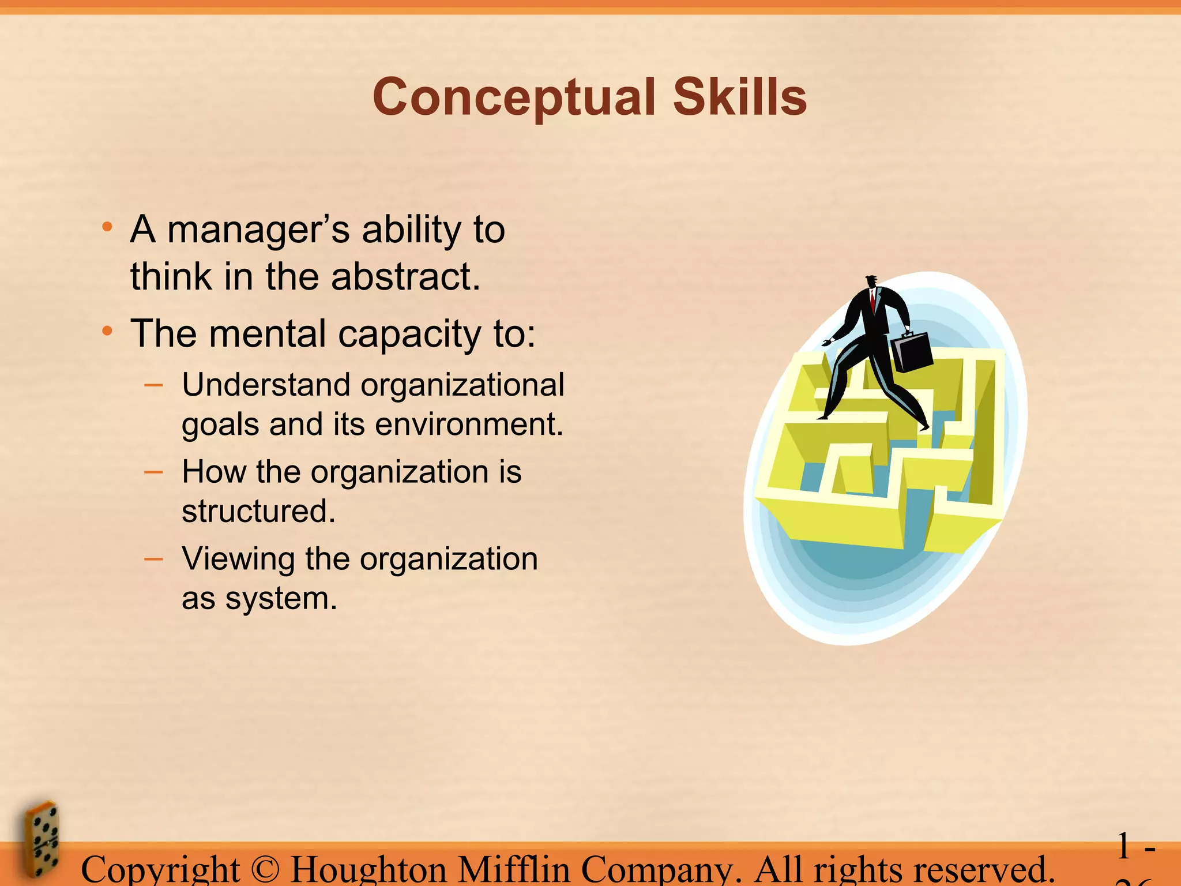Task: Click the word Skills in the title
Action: (740, 97)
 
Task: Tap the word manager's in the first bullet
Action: (258, 231)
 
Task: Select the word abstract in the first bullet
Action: (405, 277)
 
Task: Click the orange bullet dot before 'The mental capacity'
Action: (107, 331)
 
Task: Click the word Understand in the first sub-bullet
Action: (266, 385)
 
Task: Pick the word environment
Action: (469, 425)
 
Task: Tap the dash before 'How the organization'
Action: (153, 472)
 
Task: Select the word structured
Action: (258, 512)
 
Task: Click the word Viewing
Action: (238, 560)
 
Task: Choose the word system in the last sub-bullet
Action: (281, 599)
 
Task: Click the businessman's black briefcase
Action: (912, 351)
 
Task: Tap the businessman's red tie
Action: (873, 301)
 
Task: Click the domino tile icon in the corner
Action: (42, 839)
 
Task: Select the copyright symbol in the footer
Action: (265, 870)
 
